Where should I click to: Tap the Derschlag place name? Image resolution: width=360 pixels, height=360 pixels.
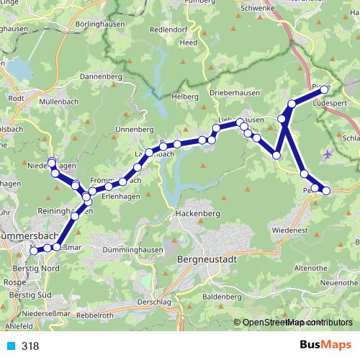pyautogui.click(x=152, y=302)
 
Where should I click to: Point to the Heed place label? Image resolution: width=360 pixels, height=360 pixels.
pyautogui.click(x=189, y=42)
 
